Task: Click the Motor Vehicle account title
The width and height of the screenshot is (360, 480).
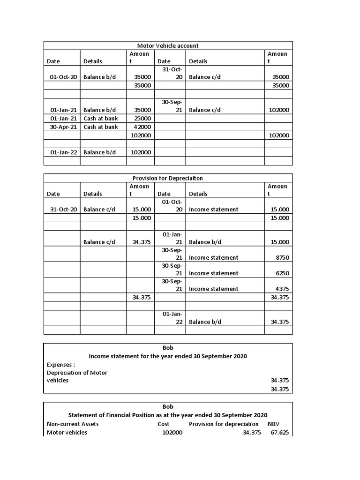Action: point(168,45)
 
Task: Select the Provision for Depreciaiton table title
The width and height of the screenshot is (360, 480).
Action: point(168,178)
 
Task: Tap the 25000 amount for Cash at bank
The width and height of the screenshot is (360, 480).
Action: point(142,119)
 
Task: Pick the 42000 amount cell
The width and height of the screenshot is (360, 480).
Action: point(142,127)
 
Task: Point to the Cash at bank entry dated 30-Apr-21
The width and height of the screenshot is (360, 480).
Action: point(101,127)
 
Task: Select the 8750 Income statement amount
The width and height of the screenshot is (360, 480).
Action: point(281,258)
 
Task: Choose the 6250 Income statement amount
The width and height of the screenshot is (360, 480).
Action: point(281,273)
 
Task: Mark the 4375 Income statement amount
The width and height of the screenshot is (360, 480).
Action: point(281,289)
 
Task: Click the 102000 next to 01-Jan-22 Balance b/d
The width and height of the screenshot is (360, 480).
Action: point(141,152)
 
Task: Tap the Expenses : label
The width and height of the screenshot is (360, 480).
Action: point(61,365)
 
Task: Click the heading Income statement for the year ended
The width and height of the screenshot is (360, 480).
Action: point(168,356)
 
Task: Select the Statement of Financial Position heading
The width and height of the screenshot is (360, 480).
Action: point(168,415)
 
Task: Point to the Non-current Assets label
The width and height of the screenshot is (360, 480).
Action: point(73,424)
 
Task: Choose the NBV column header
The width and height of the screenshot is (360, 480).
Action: point(273,424)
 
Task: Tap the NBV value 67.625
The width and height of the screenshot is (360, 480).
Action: point(280,433)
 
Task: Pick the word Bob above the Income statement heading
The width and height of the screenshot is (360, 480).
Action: point(168,348)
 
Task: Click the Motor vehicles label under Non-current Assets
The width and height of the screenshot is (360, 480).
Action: point(67,433)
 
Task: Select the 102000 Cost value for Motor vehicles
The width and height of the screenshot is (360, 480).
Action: point(170,433)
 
